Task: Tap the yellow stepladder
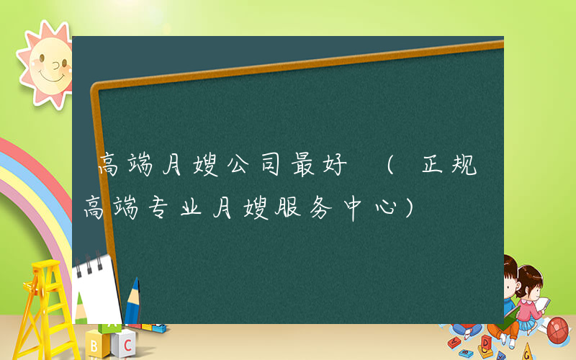tap(43, 302)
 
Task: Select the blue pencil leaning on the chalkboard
tap(132, 302)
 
